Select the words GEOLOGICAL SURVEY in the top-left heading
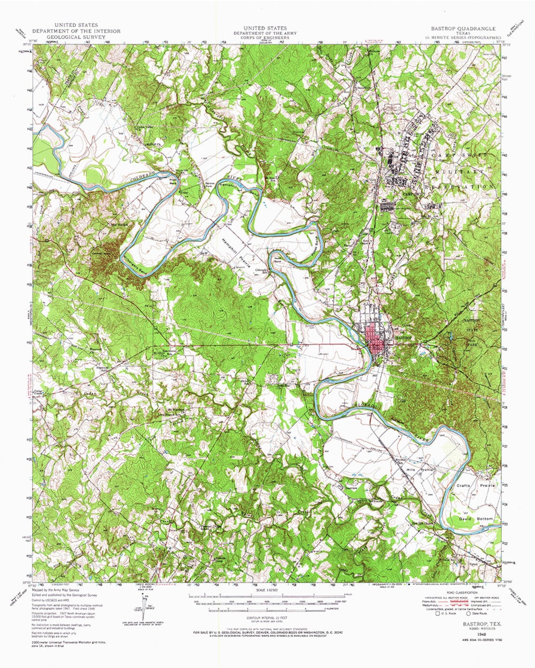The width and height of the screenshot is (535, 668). point(76,37)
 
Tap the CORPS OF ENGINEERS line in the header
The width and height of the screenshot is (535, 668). point(265,38)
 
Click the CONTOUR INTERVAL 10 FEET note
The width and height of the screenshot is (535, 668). point(267,618)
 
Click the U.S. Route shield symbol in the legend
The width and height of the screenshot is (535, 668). point(438,614)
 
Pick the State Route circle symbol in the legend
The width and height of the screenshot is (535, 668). point(469,614)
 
